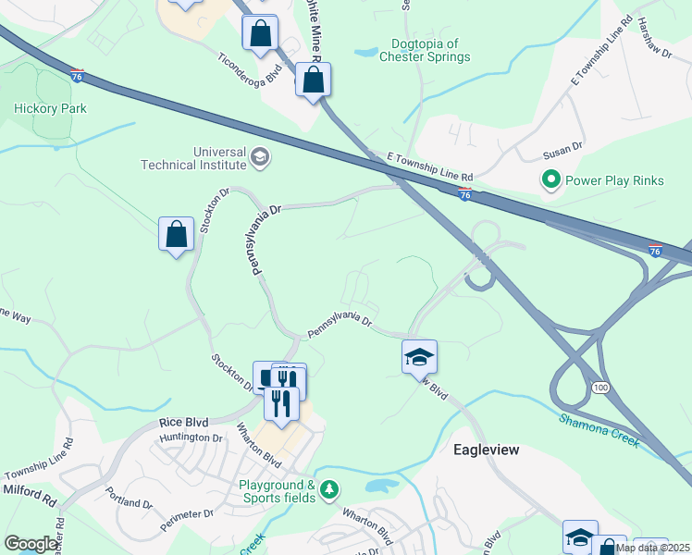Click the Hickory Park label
pyautogui.click(x=50, y=108)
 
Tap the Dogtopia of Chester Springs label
pyautogui.click(x=425, y=50)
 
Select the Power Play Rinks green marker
pyautogui.click(x=551, y=180)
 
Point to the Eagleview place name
pyautogui.click(x=486, y=450)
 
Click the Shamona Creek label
pyautogui.click(x=599, y=430)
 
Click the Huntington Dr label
pyautogui.click(x=192, y=438)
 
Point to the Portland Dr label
pyautogui.click(x=128, y=498)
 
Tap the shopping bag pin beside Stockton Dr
pyautogui.click(x=176, y=236)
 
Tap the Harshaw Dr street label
pyautogui.click(x=653, y=41)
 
